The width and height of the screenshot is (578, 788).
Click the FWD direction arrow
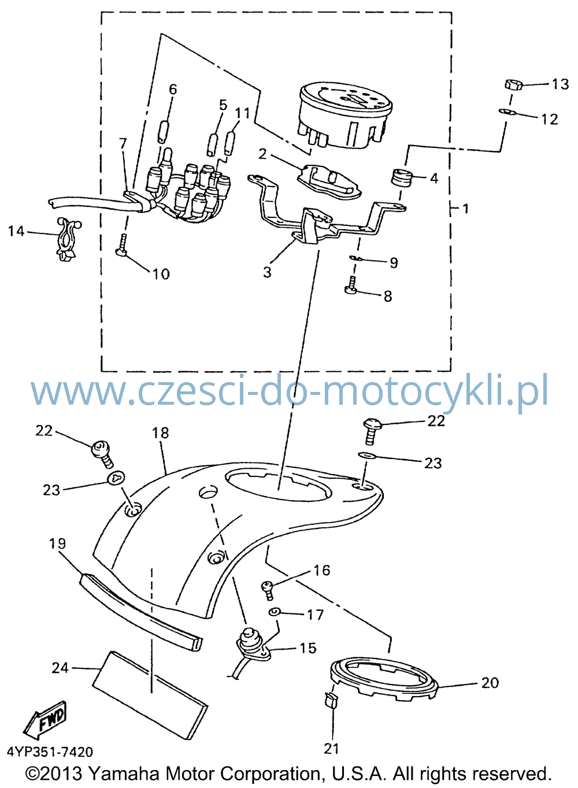(45, 719)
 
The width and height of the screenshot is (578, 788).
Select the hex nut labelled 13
(513, 85)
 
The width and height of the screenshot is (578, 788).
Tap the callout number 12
(549, 119)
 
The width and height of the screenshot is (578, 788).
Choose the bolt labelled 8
(351, 286)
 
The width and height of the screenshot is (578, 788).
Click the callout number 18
(161, 432)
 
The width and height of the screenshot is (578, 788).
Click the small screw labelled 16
(268, 590)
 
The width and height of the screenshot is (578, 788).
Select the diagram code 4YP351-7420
(50, 752)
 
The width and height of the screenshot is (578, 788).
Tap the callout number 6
(173, 90)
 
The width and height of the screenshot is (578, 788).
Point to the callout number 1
(465, 209)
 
